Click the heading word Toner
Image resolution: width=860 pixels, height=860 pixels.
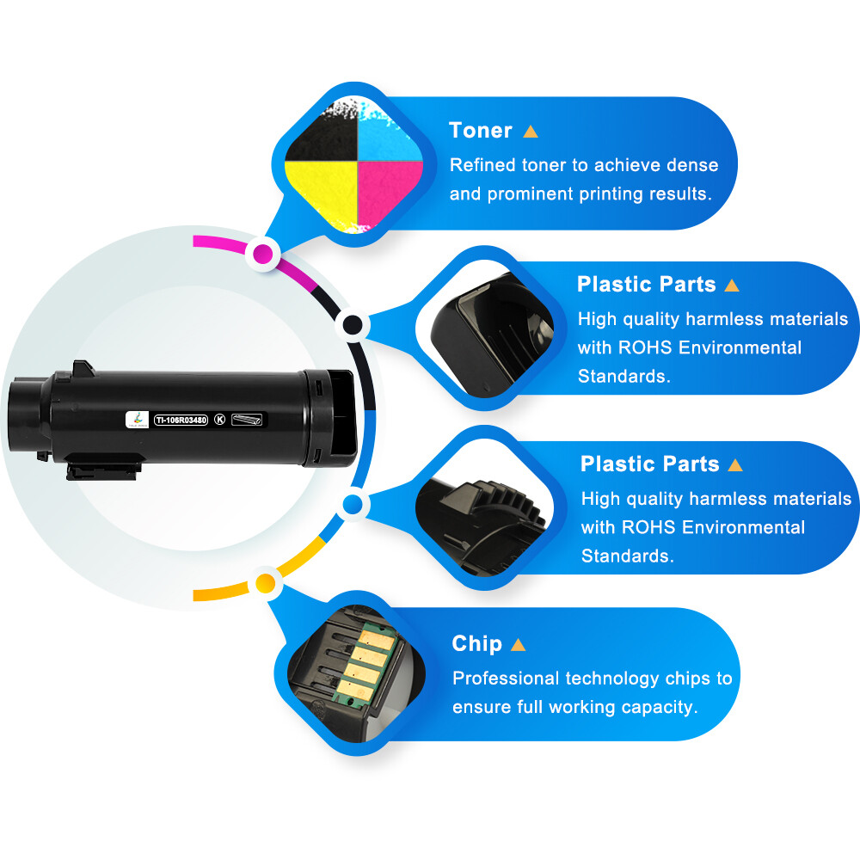[x=481, y=131]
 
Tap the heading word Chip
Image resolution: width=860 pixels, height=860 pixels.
[x=476, y=643]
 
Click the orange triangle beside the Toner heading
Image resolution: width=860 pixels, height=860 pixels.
[x=531, y=132]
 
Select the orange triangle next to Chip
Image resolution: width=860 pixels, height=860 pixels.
[x=518, y=644]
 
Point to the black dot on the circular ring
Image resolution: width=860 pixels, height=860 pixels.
[x=353, y=325]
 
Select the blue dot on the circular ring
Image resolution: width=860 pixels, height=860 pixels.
[x=352, y=505]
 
